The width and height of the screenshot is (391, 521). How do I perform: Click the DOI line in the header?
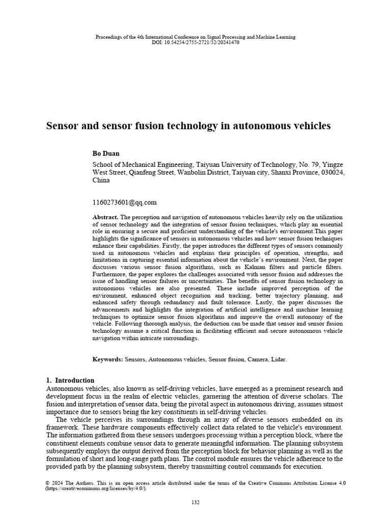pyautogui.click(x=195, y=42)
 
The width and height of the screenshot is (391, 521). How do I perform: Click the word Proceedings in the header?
pyautogui.click(x=109, y=37)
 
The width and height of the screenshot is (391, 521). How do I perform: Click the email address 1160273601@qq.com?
pyautogui.click(x=124, y=202)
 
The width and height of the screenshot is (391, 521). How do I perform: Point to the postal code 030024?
pyautogui.click(x=332, y=172)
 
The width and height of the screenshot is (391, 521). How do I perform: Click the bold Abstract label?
pyautogui.click(x=105, y=217)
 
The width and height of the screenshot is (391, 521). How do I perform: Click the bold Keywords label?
pyautogui.click(x=107, y=359)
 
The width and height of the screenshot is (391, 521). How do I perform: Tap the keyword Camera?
pyautogui.click(x=258, y=359)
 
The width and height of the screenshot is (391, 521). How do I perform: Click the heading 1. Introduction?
pyautogui.click(x=70, y=380)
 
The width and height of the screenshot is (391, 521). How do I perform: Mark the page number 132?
pyautogui.click(x=195, y=502)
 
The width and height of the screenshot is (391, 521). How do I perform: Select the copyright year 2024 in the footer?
pyautogui.click(x=59, y=482)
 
